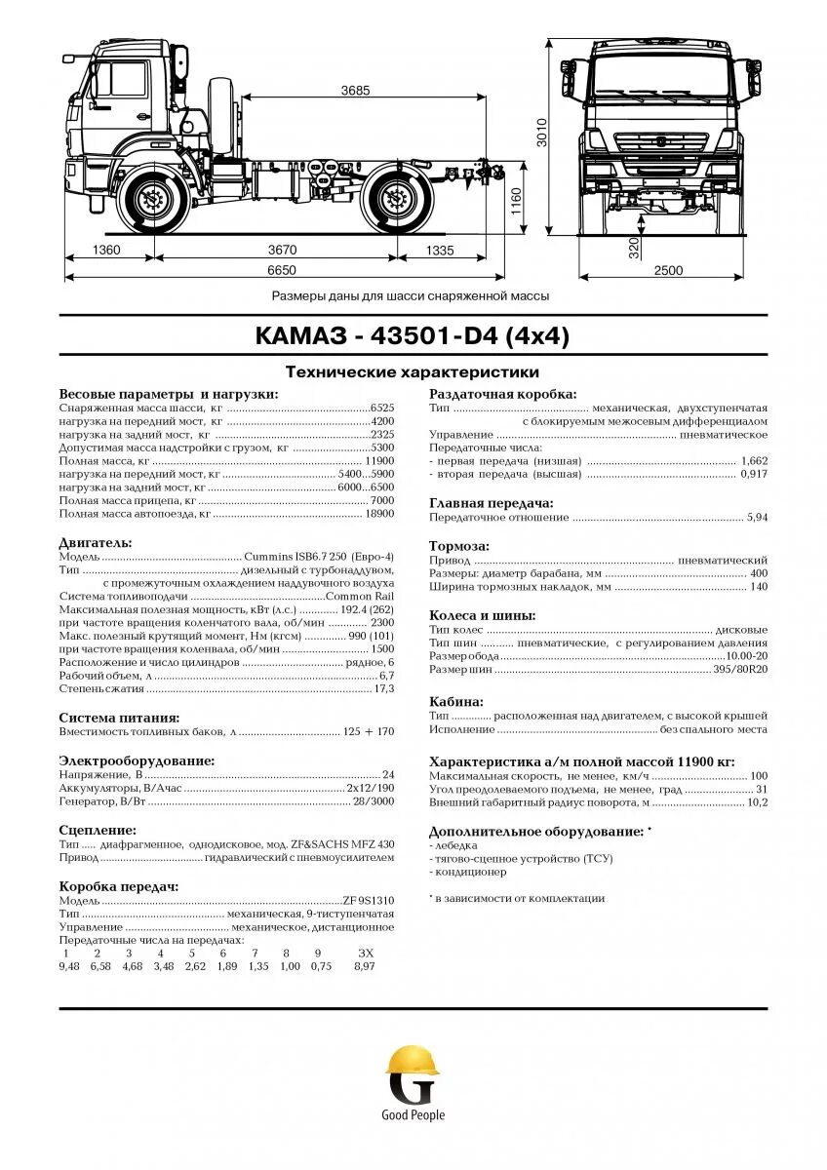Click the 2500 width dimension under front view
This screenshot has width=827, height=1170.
[668, 270]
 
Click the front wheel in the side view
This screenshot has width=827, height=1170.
[152, 202]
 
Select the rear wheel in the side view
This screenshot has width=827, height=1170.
[396, 202]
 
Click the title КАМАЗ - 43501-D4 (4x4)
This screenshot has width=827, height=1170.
[413, 336]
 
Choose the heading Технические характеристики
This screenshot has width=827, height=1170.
[412, 372]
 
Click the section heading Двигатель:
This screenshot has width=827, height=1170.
[96, 542]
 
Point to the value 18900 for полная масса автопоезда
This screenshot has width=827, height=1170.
[379, 513]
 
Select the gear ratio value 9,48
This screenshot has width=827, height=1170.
[68, 966]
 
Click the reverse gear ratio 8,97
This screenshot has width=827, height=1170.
[365, 966]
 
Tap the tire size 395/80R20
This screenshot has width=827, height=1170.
[741, 671]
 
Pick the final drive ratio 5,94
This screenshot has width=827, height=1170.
[757, 518]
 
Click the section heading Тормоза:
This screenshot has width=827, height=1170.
[459, 546]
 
